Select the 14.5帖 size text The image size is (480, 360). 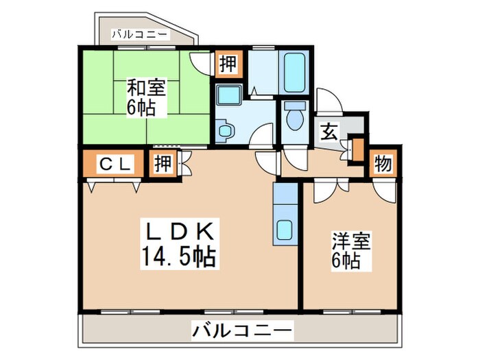point(180,257)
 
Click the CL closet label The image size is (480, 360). point(113,164)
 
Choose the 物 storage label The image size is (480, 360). point(383,164)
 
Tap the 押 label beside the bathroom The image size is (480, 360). point(228,65)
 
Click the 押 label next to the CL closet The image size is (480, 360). point(163,164)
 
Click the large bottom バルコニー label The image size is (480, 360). point(242,331)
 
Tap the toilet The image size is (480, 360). point(296,117)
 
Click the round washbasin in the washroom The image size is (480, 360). point(224,129)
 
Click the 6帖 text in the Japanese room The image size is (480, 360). point(141,108)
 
